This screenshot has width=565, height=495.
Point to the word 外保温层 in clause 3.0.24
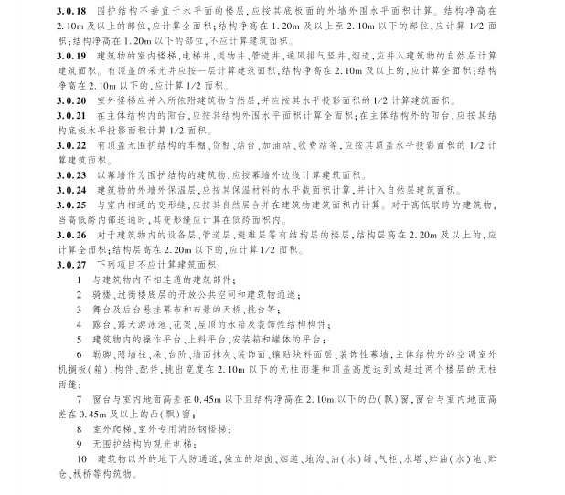click(x=164, y=188)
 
